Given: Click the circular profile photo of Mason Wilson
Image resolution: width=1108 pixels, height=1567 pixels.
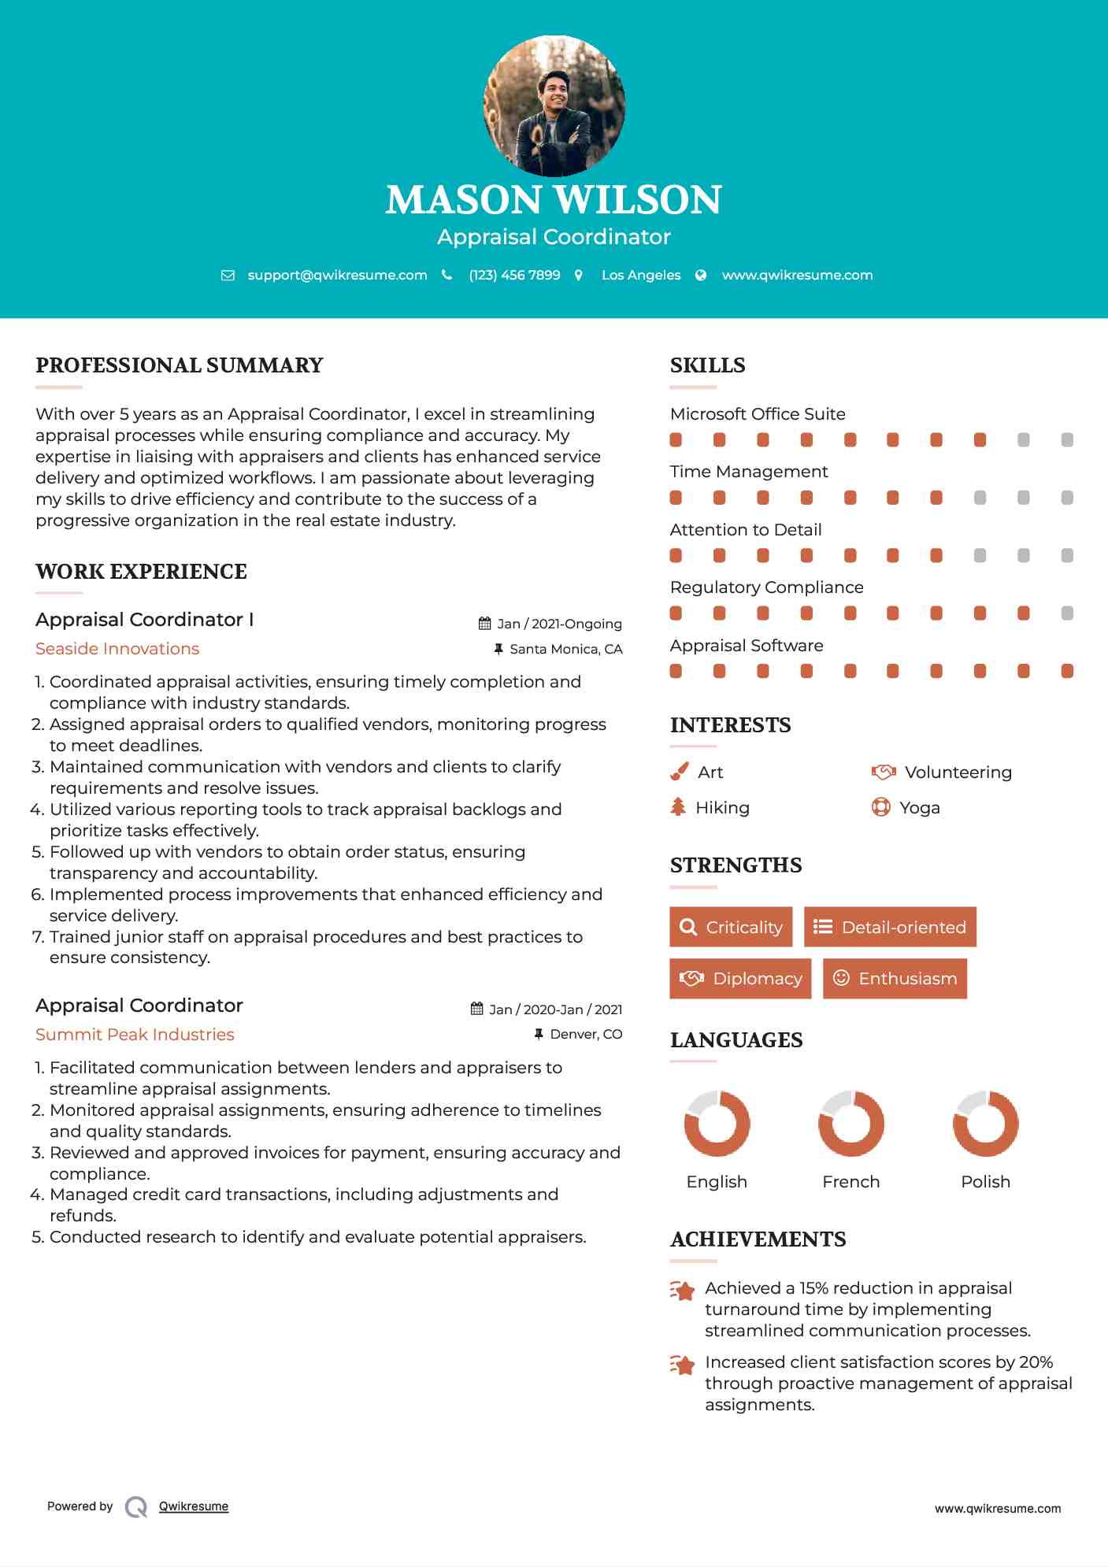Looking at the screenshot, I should (554, 106).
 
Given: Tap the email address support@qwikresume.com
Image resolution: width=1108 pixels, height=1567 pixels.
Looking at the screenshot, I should (337, 275).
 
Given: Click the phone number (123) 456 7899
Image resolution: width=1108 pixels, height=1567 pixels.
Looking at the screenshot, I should (514, 275).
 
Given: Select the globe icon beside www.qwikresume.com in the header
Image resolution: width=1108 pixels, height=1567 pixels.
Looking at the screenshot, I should (701, 275).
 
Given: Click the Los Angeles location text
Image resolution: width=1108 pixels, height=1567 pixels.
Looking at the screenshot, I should (640, 275).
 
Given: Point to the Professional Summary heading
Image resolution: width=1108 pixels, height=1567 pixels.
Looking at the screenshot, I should (180, 365).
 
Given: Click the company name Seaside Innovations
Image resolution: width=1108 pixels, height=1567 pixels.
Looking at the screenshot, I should (117, 649).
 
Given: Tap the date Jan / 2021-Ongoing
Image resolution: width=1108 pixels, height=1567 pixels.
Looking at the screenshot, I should (559, 624).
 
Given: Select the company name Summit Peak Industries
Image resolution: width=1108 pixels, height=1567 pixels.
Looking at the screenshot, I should (135, 1035).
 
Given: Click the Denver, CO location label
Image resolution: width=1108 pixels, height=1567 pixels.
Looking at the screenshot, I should (586, 1034).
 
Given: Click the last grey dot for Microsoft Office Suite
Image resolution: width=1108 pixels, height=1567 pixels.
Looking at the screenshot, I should (1067, 440).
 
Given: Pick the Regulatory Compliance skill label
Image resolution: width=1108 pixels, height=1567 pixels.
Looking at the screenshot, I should (766, 587).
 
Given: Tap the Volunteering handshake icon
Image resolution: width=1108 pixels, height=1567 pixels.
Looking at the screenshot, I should (884, 772).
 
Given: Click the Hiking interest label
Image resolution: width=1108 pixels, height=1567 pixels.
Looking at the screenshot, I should (722, 808).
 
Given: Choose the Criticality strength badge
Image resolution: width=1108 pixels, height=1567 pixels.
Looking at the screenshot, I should (731, 927).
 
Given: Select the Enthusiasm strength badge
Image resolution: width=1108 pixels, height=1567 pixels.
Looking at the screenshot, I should (895, 978).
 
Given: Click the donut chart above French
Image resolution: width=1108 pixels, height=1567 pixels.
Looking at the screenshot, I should (850, 1124).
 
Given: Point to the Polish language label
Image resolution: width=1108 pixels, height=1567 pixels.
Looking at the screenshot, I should (985, 1182).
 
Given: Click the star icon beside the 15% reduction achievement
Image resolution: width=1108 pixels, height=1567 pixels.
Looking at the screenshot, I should (682, 1291).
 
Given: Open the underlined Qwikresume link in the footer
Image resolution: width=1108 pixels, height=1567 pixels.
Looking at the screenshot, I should (194, 1506).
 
